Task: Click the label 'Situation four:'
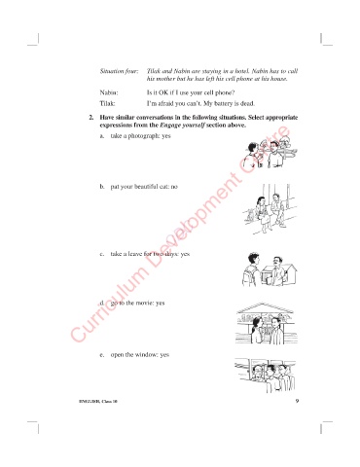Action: click(119, 71)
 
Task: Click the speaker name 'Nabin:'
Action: click(109, 92)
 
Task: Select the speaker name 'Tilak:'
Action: click(107, 104)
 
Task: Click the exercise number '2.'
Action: click(91, 118)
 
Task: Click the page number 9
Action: click(297, 401)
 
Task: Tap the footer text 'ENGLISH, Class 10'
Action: click(98, 402)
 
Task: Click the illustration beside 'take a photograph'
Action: click(270, 151)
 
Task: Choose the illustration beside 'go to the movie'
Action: click(266, 323)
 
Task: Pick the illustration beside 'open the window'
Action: click(265, 376)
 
